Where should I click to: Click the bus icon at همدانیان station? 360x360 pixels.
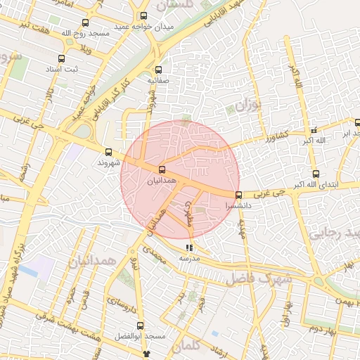[162, 169]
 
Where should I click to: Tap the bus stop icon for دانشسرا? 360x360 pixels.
[238, 195]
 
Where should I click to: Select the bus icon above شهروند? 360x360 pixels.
[108, 152]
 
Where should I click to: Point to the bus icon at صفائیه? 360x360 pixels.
[158, 70]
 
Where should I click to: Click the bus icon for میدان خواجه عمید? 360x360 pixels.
[144, 15]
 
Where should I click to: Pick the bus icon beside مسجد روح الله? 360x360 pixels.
[86, 22]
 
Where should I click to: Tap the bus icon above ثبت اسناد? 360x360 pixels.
[62, 58]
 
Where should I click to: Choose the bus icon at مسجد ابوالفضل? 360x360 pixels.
[140, 326]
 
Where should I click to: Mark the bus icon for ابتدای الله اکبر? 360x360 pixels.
[315, 174]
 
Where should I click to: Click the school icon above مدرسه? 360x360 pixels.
[188, 247]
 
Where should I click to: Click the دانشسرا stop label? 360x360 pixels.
[236, 207]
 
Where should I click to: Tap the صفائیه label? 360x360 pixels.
[158, 81]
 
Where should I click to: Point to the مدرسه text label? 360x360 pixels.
[188, 259]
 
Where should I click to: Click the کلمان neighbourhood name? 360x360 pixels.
[186, 346]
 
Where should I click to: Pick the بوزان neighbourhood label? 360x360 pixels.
[247, 107]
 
